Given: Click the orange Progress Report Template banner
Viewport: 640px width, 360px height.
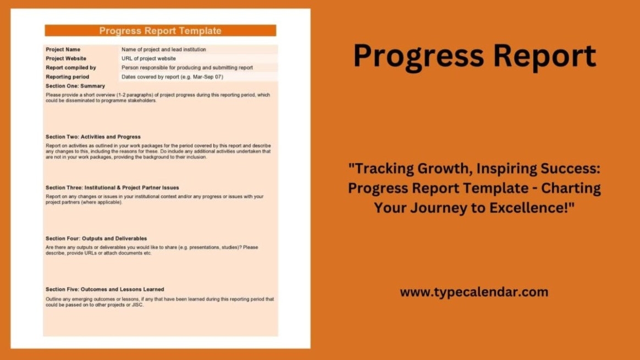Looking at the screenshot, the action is pos(161,31).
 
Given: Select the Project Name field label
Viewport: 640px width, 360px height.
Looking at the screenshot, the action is pos(63,49).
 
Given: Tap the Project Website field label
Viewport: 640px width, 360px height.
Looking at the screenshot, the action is pos(66,58).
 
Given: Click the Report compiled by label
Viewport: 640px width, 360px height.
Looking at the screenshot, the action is pos(70,68).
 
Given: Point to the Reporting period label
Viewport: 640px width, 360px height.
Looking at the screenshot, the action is pos(67,77).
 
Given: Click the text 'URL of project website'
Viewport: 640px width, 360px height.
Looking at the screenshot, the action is pos(148,58).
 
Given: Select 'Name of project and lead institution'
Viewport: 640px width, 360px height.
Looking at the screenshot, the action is pos(164,49).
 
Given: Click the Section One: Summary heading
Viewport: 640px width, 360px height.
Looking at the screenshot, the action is pos(75,86).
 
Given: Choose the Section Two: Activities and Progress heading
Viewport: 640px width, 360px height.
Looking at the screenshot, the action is pos(93,137).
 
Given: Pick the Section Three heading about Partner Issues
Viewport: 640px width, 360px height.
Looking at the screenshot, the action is pos(112,188).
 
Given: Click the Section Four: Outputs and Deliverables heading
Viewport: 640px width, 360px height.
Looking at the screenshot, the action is pos(96,239).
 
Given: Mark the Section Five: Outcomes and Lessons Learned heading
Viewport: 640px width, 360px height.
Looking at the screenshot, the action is pos(105,290).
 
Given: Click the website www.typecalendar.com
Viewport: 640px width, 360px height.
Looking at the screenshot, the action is pos(475,292).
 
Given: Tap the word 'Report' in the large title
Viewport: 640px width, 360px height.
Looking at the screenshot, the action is pos(544,56).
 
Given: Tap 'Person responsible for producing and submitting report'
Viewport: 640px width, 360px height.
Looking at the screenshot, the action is pos(187,68).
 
